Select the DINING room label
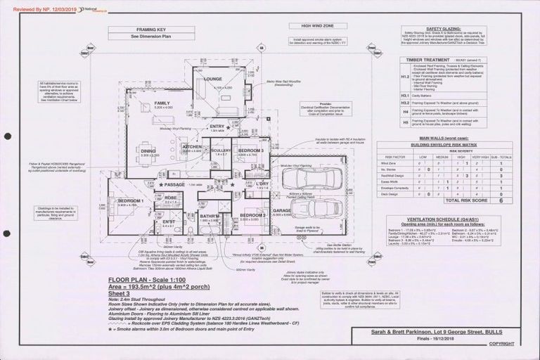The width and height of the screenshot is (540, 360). [148, 150]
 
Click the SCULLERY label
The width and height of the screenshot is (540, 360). [220, 150]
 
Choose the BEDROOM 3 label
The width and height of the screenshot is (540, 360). [250, 150]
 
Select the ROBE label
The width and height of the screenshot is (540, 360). [170, 198]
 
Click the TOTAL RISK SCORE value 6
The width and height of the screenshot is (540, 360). [500, 200]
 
